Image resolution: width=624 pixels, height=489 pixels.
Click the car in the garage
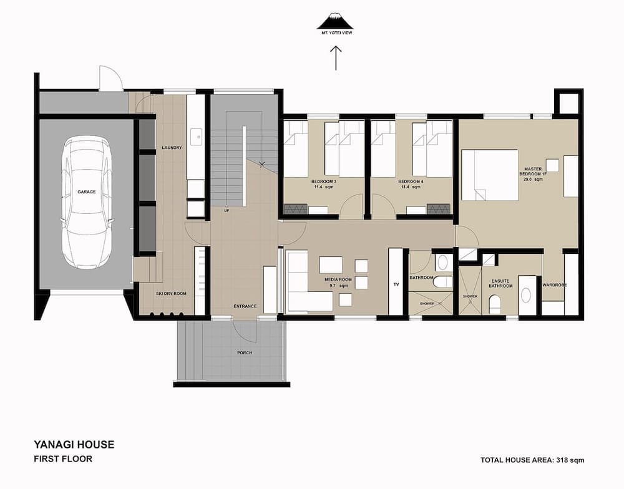click(87, 201)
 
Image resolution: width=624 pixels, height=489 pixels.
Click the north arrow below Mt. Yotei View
click(336, 58)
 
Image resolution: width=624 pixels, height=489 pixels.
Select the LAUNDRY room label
click(172, 148)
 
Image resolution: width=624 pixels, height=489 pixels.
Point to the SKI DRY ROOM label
click(171, 294)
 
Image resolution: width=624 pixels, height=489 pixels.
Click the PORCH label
click(245, 353)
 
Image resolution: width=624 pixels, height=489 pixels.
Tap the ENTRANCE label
click(245, 306)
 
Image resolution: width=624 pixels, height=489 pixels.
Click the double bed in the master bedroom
click(490, 175)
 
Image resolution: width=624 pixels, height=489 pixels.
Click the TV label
click(396, 284)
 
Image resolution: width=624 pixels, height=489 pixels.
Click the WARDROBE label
click(555, 285)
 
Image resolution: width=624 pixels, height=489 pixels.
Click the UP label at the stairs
click(227, 210)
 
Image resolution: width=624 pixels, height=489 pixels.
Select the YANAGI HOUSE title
click(74, 445)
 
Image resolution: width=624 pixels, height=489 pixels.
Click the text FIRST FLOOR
click(63, 459)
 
